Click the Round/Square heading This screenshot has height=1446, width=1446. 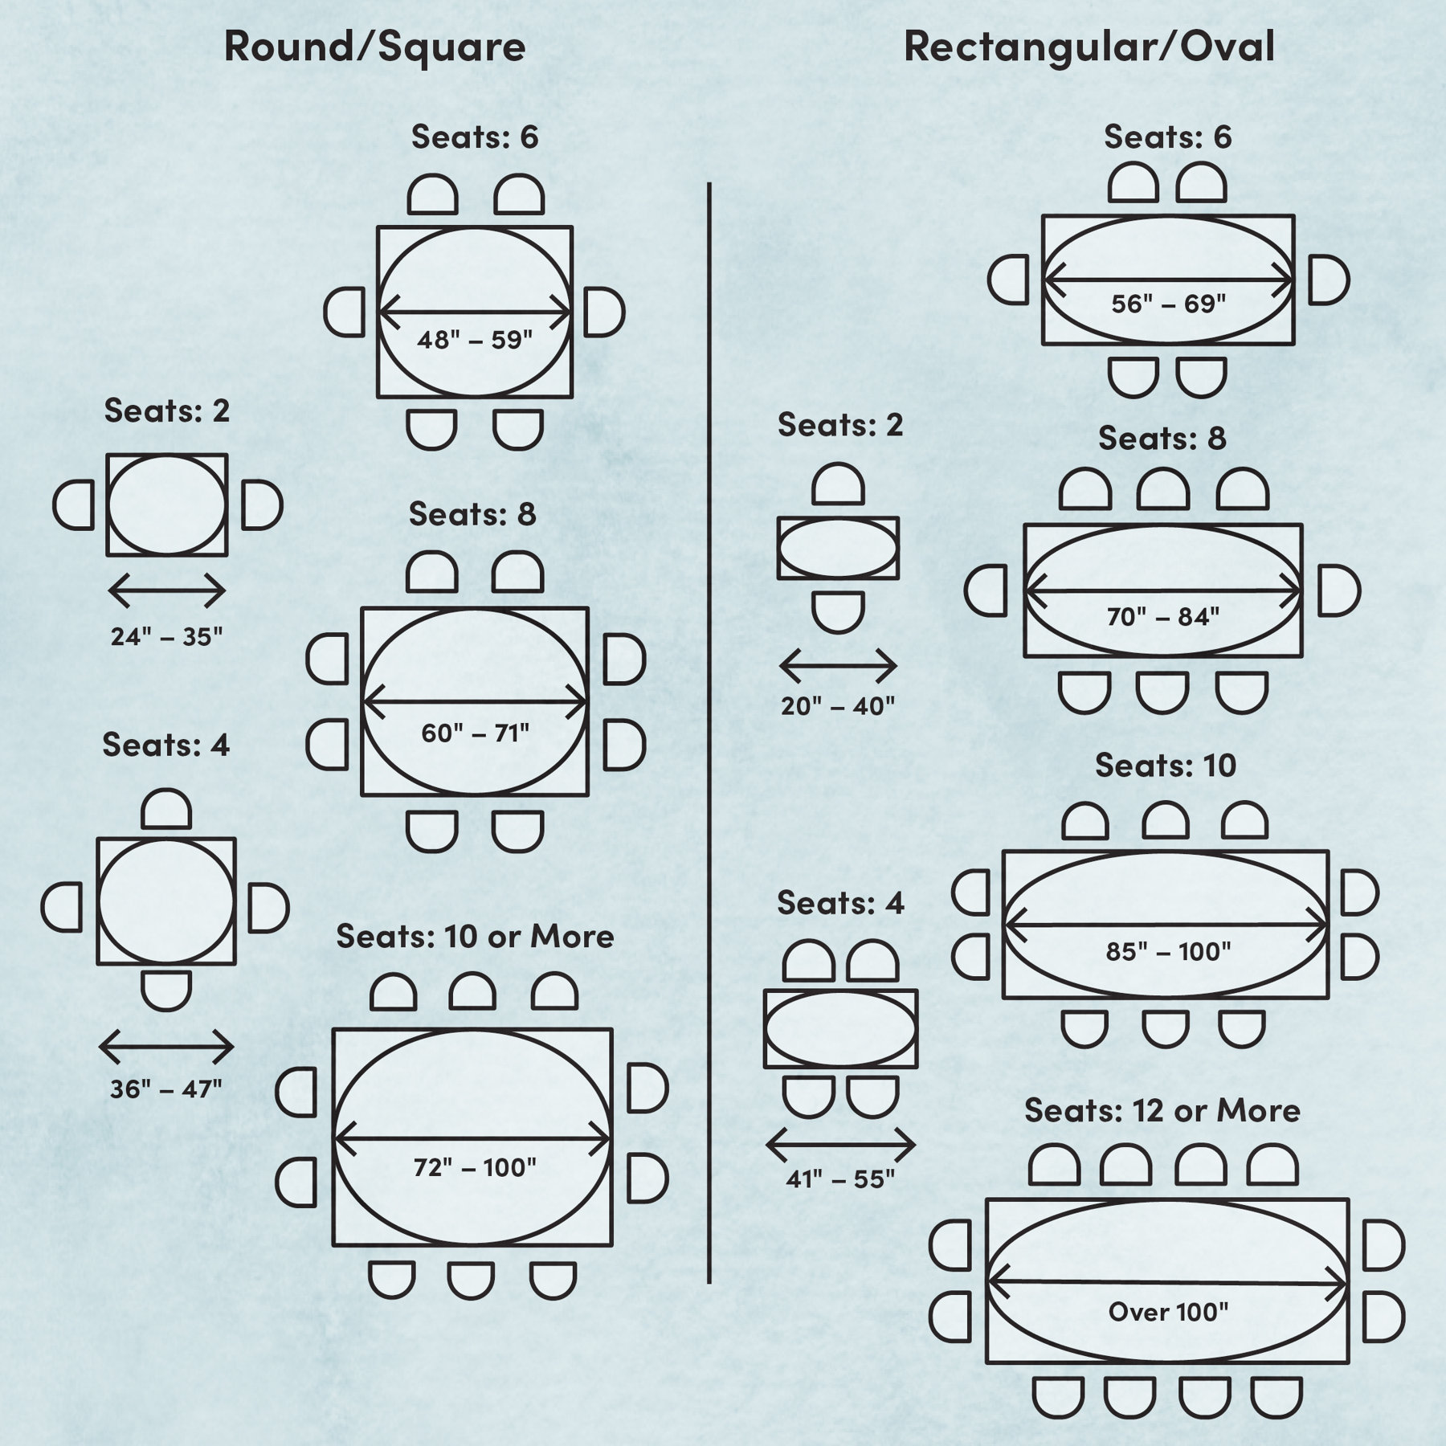pos(374,47)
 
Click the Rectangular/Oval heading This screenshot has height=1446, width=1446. pos(1089,47)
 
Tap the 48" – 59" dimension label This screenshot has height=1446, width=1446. pos(475,340)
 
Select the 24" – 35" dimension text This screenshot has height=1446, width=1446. pos(166,637)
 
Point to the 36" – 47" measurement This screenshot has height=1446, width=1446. pos(165,1090)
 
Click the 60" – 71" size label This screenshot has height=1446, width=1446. pos(475,733)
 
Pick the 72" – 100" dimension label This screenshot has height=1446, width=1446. pos(475,1167)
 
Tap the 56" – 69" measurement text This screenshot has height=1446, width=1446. pos(1168,304)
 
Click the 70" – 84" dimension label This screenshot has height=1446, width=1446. pos(1162,617)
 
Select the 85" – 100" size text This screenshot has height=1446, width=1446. pos(1168,952)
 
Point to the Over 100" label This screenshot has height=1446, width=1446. pos(1168,1312)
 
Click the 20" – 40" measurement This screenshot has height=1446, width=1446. pos(838,706)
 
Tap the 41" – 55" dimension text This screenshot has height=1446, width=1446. pos(839,1179)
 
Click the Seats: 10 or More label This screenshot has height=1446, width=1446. pos(475,937)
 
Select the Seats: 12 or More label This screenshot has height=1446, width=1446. pos(1162,1111)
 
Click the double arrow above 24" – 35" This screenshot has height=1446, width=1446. pos(167,590)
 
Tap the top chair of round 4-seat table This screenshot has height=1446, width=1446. pos(166,810)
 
